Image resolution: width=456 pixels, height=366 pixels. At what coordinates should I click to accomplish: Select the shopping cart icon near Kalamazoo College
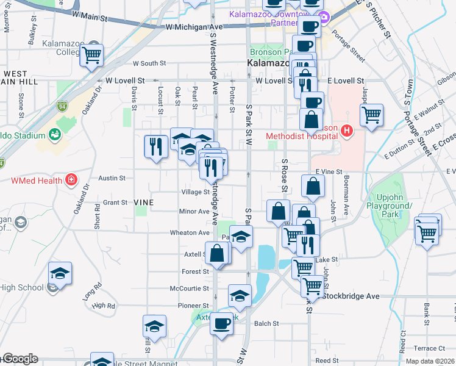pos(91,55)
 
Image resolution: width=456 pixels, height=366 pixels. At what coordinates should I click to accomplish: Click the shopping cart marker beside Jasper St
pos(371,114)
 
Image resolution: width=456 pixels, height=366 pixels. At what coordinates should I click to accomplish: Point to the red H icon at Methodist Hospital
pos(347,130)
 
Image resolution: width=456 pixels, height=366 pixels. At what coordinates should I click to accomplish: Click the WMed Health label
pos(37,180)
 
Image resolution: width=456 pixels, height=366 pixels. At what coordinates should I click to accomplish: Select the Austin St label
pos(112,179)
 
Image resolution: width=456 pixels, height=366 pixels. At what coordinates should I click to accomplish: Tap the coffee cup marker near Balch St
pos(221,321)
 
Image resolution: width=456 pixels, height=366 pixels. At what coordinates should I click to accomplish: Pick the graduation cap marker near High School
pos(60,273)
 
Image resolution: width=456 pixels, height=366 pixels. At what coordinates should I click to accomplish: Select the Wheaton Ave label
pos(190,232)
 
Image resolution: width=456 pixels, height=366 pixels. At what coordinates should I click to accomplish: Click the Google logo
pos(20,359)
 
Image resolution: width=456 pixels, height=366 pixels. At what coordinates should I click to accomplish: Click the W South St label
pos(149,63)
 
